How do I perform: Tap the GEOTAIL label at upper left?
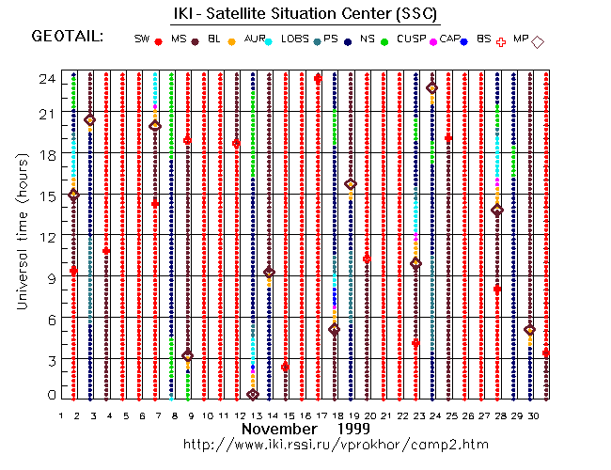point(68,37)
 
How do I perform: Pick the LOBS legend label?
point(294,39)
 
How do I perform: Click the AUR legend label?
point(254,39)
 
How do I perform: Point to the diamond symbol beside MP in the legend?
point(538,41)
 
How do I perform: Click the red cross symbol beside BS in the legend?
point(500,41)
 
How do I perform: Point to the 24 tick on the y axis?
point(45,79)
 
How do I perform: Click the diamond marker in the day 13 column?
point(252,395)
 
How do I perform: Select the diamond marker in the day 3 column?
point(90,120)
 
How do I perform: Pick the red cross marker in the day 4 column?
point(107,251)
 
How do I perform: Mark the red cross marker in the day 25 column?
point(449,138)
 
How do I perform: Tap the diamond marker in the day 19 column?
point(351,184)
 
